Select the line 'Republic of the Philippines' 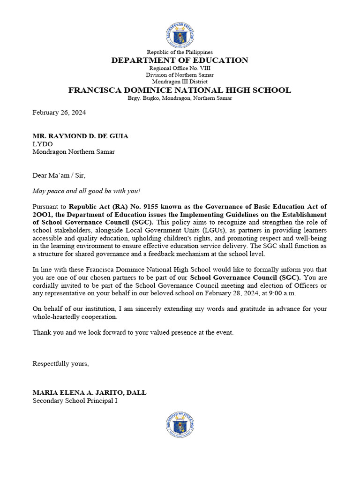[x=180, y=52]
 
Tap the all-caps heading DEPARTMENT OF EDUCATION [x=180, y=60]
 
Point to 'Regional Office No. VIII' [x=180, y=68]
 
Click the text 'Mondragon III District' [x=180, y=82]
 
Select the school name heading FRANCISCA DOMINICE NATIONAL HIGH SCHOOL [x=180, y=90]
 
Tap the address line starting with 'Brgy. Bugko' [x=180, y=98]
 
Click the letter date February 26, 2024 [x=59, y=112]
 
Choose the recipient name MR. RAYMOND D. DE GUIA [x=80, y=136]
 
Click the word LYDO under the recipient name [x=43, y=144]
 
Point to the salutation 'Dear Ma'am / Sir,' [x=59, y=175]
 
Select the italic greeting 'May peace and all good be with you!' [x=86, y=191]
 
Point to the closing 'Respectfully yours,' [x=60, y=364]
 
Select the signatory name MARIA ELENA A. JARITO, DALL [x=90, y=392]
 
